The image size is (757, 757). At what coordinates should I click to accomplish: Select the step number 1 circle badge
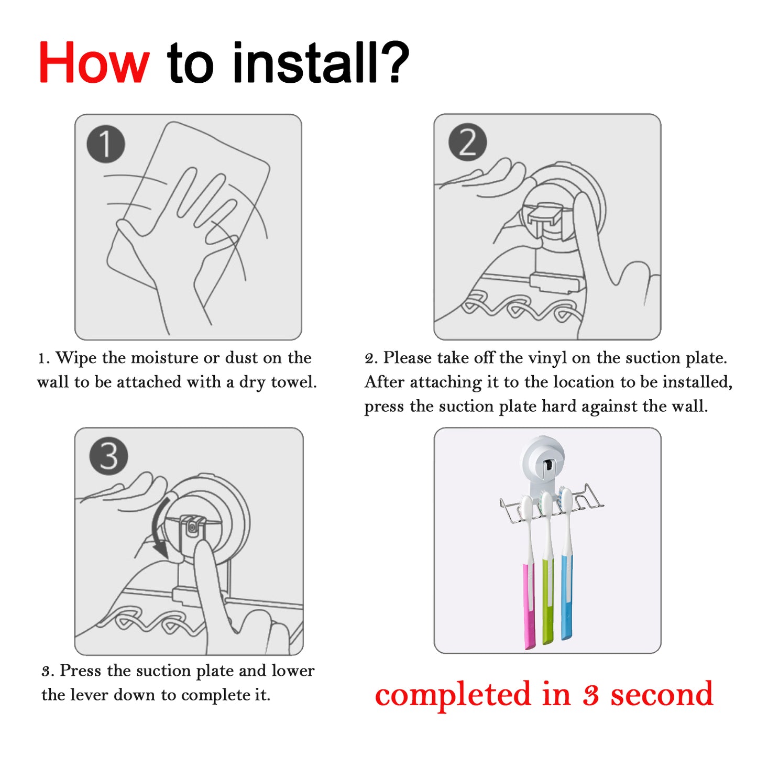tap(106, 144)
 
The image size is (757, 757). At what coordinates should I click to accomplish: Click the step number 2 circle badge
tap(467, 142)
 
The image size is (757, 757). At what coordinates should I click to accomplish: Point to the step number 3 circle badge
tap(108, 456)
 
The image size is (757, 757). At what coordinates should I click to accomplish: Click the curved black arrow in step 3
tap(159, 527)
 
